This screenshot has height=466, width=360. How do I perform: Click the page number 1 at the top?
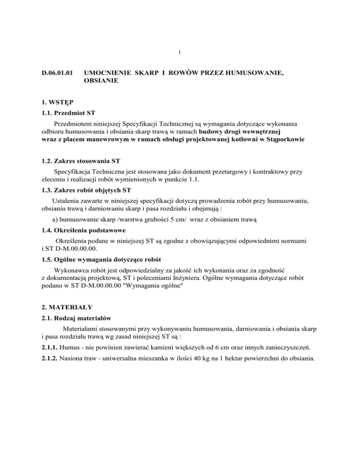(180, 52)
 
